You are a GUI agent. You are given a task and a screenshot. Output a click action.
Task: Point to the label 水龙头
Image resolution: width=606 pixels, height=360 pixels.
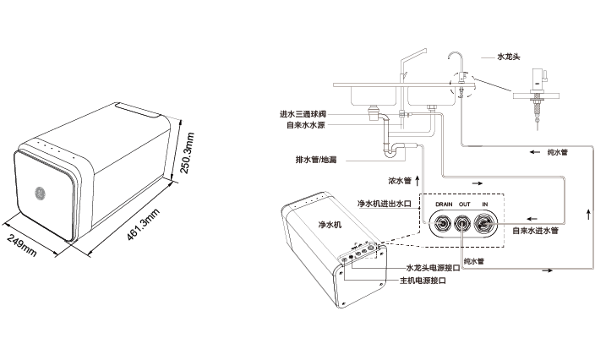pos(510,57)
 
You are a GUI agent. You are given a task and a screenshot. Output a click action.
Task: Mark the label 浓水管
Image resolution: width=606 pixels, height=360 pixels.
pos(399,180)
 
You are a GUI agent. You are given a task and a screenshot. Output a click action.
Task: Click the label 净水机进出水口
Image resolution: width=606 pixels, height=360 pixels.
pos(384,204)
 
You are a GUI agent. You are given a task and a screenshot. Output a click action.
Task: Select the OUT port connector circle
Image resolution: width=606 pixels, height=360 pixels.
pos(464,225)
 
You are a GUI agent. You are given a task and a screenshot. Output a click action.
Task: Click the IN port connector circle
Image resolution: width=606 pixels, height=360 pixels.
pos(486,225)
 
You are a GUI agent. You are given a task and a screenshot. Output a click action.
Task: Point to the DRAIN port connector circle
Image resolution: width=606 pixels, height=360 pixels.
pos(442,225)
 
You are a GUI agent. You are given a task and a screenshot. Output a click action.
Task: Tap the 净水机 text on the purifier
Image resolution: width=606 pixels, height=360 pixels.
pos(329,225)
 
